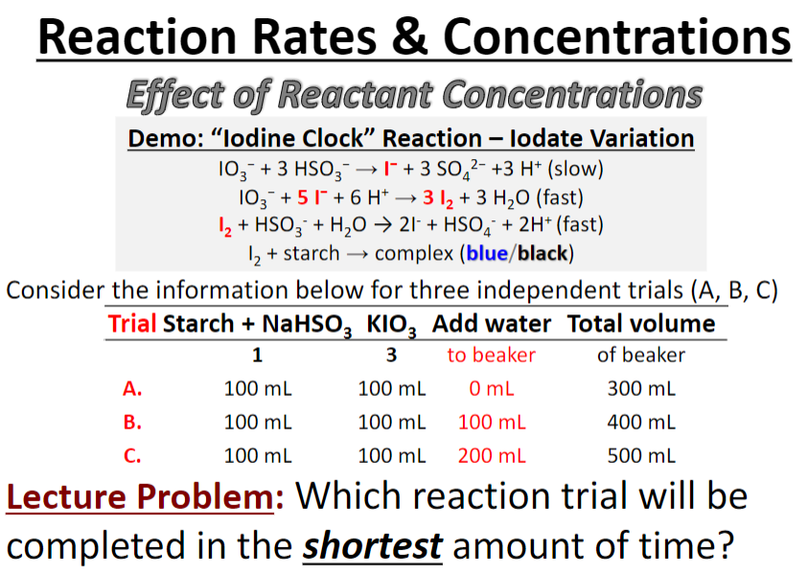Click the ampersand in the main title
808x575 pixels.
(x=409, y=36)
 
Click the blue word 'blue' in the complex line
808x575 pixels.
(x=487, y=254)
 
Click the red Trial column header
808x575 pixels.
(x=132, y=324)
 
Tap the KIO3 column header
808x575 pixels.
(x=391, y=325)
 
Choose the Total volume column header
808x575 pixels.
(x=641, y=324)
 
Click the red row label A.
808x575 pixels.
(x=132, y=389)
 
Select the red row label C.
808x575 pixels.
(x=132, y=456)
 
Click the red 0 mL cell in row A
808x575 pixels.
(x=491, y=388)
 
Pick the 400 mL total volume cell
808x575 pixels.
(x=641, y=422)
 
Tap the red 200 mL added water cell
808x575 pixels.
(x=492, y=455)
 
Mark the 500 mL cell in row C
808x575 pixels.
(x=641, y=455)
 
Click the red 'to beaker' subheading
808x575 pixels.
(x=491, y=355)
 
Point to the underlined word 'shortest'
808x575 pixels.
(x=372, y=546)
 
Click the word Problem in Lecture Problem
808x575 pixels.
(x=204, y=496)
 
